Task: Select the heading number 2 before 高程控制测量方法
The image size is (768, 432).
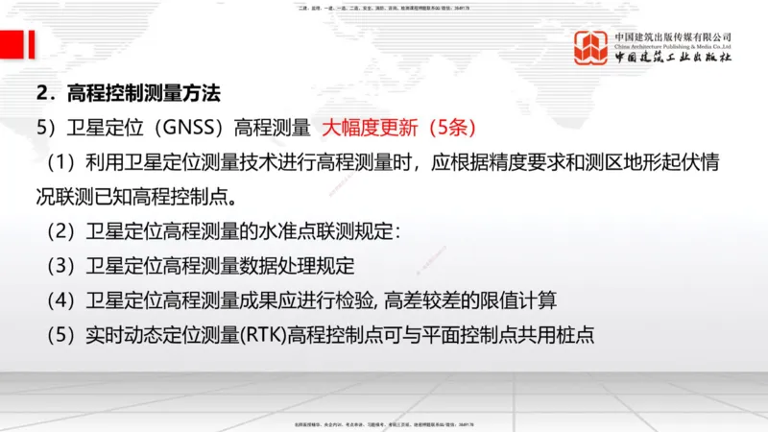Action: [41, 94]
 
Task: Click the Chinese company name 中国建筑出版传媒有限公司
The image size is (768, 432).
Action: [673, 36]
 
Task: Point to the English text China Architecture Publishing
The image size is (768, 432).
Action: [673, 45]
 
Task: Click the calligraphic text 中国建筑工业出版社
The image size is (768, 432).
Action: [673, 58]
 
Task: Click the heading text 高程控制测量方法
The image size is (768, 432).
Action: [144, 94]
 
